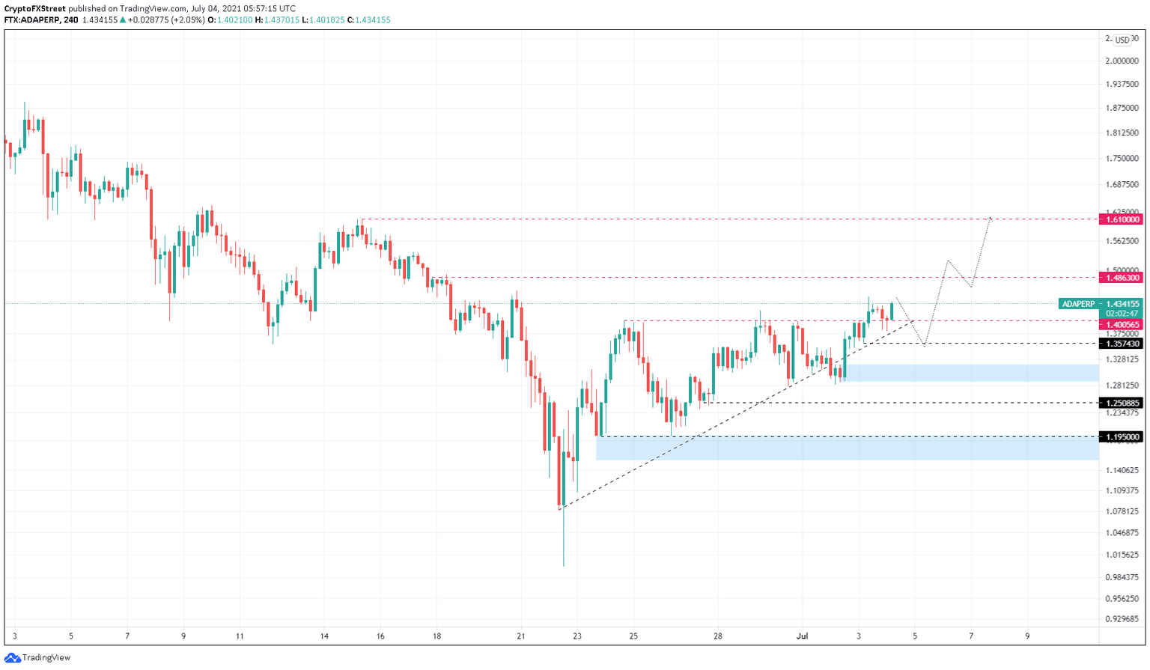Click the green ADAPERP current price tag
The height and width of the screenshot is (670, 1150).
tap(1101, 304)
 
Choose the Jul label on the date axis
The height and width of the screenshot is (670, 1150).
tap(803, 636)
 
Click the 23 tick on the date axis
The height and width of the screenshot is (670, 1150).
tap(577, 636)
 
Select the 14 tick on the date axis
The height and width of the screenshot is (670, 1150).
tap(324, 636)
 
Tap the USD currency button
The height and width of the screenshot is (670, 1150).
tap(1122, 40)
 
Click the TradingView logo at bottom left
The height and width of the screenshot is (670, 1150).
tap(37, 657)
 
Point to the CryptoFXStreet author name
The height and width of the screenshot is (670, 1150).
tap(34, 9)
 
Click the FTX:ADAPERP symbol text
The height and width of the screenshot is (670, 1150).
tap(31, 20)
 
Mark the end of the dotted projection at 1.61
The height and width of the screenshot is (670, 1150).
tap(991, 218)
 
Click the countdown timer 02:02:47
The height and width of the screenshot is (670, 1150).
tap(1122, 314)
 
